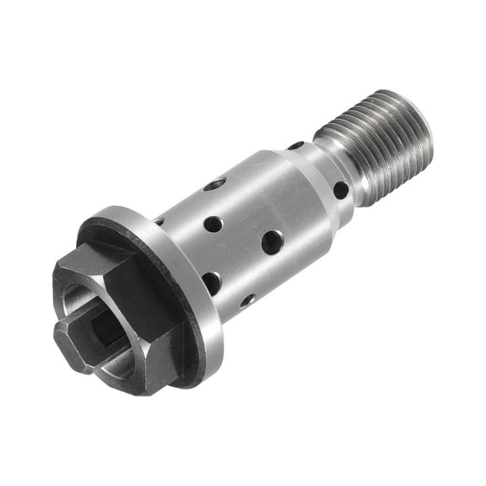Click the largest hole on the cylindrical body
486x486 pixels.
point(272,243)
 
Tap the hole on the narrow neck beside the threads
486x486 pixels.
point(341,190)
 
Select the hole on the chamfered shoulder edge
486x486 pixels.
point(295,146)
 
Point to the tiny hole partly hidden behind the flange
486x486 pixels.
point(159,222)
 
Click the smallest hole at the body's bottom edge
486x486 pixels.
point(247,300)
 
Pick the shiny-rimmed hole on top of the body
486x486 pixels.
point(217,183)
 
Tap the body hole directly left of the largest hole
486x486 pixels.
point(213,224)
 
